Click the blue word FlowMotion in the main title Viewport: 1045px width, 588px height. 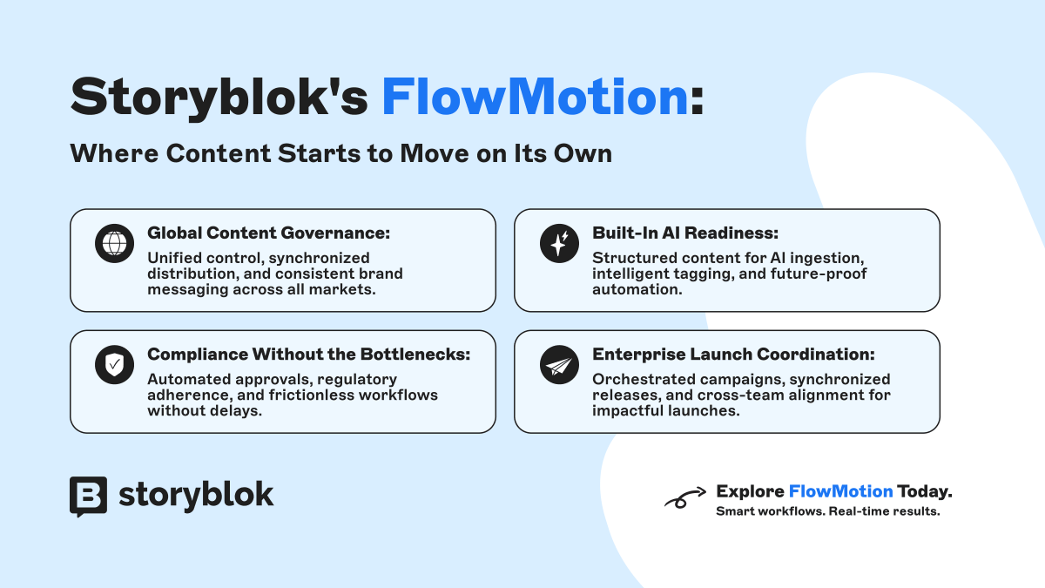(535, 96)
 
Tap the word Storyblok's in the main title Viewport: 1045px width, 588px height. (219, 96)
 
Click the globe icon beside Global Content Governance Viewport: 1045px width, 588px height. (113, 244)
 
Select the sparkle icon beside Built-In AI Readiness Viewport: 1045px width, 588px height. (558, 244)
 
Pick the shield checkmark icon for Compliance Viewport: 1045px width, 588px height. (113, 365)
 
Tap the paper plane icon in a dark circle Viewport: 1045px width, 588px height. (558, 365)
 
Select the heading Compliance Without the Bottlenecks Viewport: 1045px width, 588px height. (309, 355)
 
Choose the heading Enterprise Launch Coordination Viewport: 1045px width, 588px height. (733, 355)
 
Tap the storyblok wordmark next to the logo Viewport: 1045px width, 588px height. (196, 495)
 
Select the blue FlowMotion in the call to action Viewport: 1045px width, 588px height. (840, 491)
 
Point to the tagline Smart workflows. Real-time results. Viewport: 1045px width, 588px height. (827, 511)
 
